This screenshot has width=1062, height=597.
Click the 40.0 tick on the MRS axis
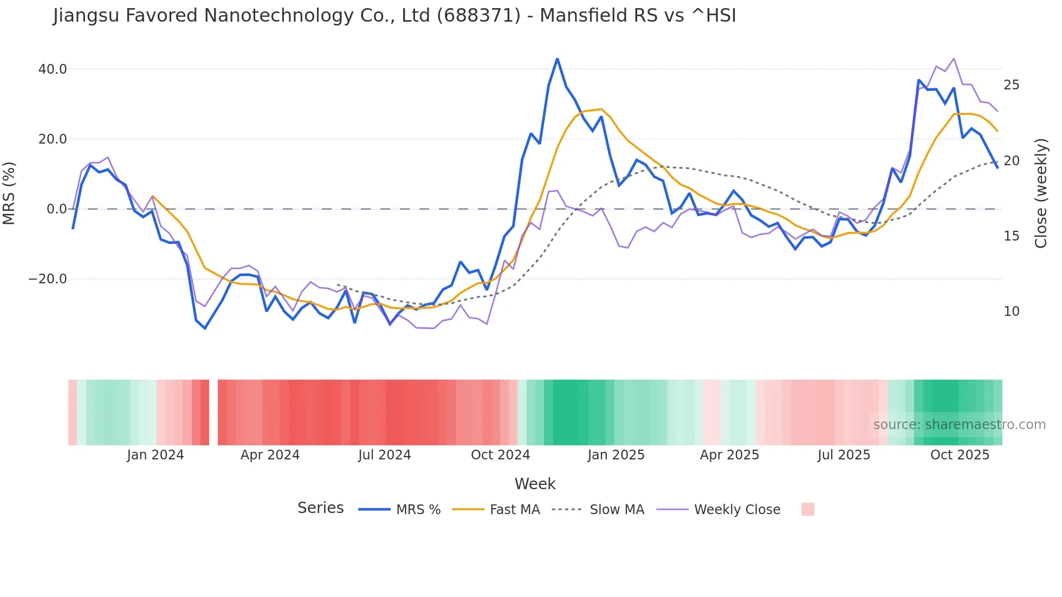53,69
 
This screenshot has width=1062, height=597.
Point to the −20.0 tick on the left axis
48,279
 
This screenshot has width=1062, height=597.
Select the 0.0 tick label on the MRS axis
57,209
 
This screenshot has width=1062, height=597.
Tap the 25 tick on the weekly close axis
1012,85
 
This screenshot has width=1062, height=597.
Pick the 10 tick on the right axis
1012,312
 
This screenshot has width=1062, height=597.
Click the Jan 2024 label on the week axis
156,455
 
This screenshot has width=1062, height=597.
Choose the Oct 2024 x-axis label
500,455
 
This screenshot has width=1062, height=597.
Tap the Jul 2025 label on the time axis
844,455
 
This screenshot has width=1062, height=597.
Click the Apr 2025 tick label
729,455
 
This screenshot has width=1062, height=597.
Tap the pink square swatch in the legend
807,509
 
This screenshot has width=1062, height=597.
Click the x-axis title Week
535,484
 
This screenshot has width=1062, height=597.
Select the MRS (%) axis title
9,193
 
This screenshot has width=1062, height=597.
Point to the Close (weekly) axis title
1041,193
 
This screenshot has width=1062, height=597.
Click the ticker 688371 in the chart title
478,16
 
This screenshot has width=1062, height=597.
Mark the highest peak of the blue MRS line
557,59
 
